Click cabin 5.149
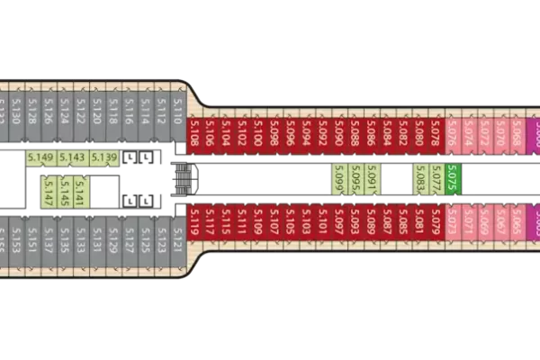pos(40,158)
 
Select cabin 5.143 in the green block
pos(72,158)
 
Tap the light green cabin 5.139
pos(104,158)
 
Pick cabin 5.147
pos(48,192)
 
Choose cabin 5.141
pos(80,192)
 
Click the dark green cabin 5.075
pos(453,177)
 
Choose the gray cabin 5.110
pos(177,110)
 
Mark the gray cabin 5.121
pos(177,240)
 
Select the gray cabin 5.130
pos(16,110)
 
